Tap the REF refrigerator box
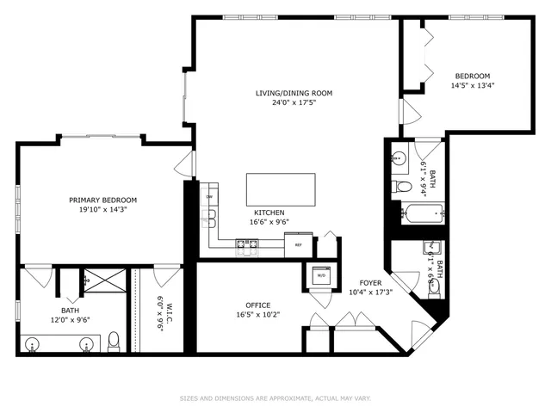click(x=298, y=244)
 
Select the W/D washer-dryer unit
click(x=322, y=276)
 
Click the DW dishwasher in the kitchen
click(x=209, y=198)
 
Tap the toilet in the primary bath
click(x=115, y=343)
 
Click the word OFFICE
click(x=258, y=305)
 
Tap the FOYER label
click(x=371, y=282)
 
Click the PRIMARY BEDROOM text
click(x=102, y=200)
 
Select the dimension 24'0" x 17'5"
click(x=294, y=103)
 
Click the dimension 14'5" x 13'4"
click(x=473, y=85)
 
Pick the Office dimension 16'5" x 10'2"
click(x=258, y=315)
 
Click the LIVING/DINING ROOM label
click(x=294, y=93)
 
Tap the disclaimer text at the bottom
click(x=275, y=398)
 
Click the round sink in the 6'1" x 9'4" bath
click(x=399, y=159)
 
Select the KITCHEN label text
click(x=269, y=213)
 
